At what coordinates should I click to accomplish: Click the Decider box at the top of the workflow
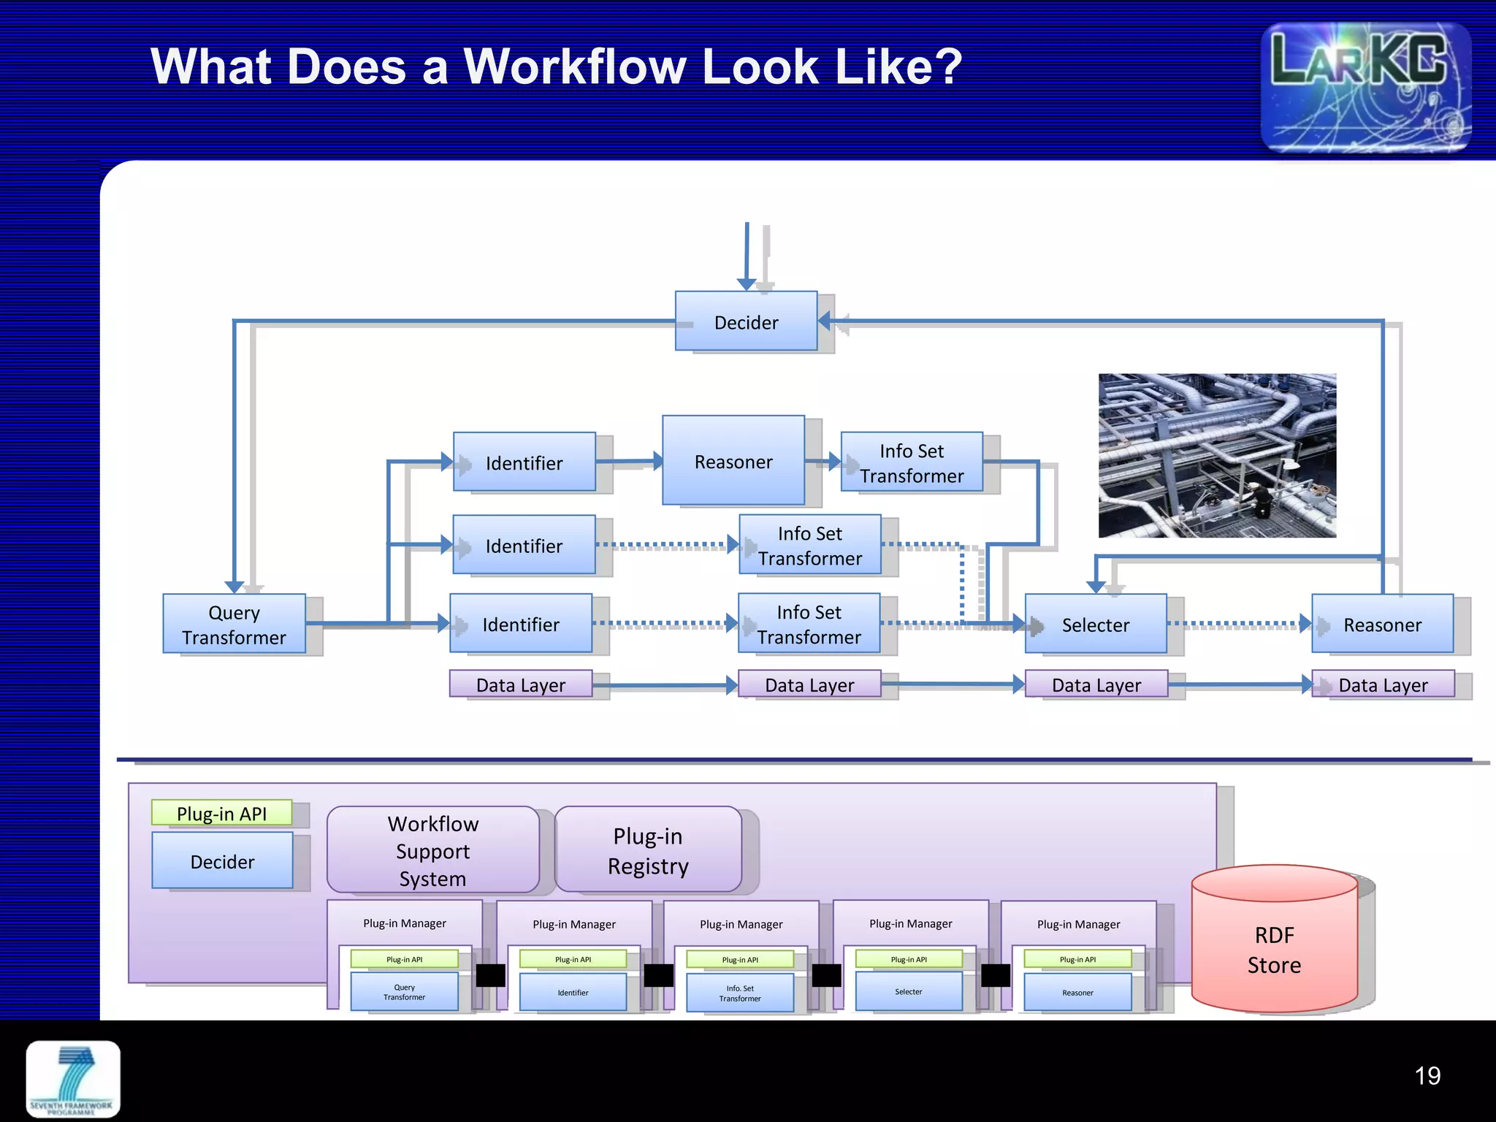(746, 321)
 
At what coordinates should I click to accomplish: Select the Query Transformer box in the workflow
(234, 624)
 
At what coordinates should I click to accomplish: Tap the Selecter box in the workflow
(1095, 625)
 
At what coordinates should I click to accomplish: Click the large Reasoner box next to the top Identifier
(733, 461)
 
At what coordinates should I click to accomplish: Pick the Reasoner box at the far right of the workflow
(1382, 625)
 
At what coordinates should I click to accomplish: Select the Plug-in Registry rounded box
(648, 850)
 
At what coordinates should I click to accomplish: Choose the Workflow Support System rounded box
(432, 850)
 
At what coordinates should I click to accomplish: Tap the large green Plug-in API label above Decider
(221, 813)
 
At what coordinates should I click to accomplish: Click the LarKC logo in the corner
(1365, 88)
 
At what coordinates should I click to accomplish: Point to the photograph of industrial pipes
(1217, 456)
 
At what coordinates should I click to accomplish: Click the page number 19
(1427, 1075)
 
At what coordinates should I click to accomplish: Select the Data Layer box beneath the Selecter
(1096, 684)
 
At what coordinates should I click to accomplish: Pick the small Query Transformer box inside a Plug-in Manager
(404, 992)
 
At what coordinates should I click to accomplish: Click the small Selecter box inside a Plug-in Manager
(908, 992)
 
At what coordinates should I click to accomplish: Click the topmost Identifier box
(524, 462)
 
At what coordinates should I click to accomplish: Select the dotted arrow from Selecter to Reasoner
(1234, 625)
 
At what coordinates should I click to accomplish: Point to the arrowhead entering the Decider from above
(746, 284)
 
